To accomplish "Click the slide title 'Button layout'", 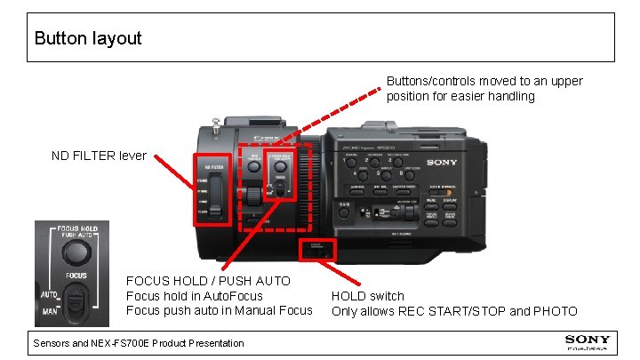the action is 87,38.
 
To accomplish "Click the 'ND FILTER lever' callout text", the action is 99,155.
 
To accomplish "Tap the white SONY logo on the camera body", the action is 442,163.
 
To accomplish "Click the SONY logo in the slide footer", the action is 588,340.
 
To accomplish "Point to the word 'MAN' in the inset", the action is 49,313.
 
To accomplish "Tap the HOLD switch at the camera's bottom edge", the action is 316,252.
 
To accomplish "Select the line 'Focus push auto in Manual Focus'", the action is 219,310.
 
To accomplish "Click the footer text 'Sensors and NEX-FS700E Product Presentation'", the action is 138,342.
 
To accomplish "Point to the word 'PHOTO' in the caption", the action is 554,311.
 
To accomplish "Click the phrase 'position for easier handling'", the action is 460,96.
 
